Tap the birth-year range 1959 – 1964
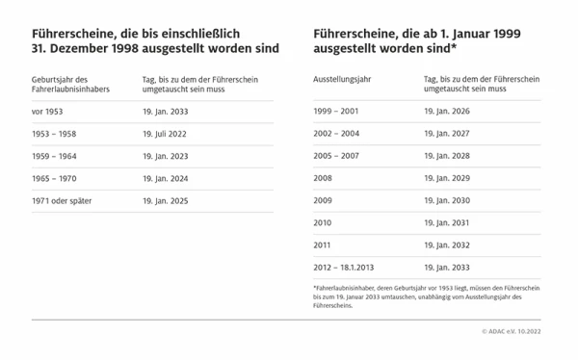[56, 156]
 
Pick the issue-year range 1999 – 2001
[337, 112]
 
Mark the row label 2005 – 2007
[337, 156]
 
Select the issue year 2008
[323, 178]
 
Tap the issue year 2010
[323, 222]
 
